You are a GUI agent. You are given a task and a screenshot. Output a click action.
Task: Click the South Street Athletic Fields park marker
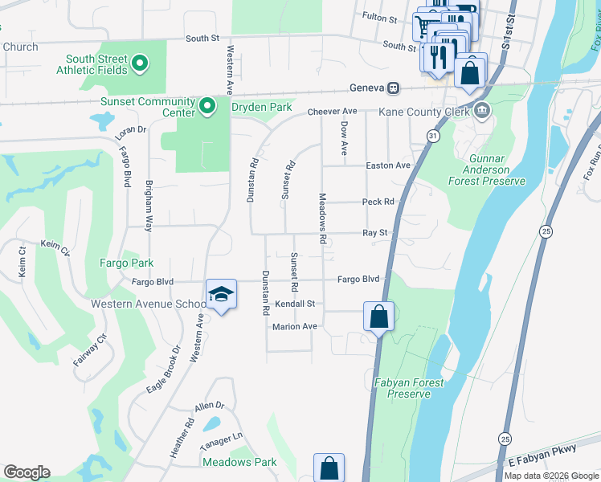click(x=140, y=63)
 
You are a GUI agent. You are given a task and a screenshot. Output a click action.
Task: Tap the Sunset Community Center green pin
click(x=206, y=105)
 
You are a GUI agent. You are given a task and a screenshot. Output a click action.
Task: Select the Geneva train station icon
click(x=394, y=88)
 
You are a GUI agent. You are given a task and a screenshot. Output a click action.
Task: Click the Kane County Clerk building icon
click(x=481, y=110)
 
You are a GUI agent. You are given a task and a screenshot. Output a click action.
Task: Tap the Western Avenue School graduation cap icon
click(x=221, y=295)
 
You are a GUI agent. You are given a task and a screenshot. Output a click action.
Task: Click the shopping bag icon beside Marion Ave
click(x=379, y=316)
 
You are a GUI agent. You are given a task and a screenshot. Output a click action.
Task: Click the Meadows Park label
click(x=239, y=462)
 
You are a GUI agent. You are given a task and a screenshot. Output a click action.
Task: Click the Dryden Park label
click(x=261, y=106)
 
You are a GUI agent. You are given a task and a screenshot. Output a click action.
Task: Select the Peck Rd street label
click(x=378, y=202)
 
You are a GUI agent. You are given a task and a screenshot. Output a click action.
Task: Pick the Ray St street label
click(x=375, y=232)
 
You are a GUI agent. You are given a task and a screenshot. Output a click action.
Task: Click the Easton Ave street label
click(x=388, y=165)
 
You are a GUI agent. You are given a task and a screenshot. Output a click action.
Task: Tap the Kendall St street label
click(x=299, y=304)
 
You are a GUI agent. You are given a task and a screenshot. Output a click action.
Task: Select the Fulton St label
click(x=380, y=17)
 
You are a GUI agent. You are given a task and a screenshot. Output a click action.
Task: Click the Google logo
click(x=27, y=472)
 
